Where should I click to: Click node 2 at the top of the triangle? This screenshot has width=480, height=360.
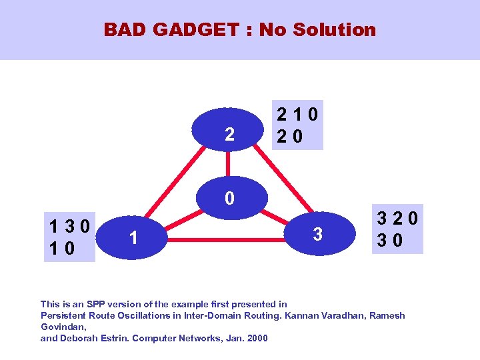coord(229,135)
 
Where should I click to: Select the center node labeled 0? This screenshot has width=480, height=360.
coord(229,199)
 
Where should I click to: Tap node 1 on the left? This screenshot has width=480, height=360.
coord(134,237)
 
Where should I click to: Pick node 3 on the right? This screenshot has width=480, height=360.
coord(318,235)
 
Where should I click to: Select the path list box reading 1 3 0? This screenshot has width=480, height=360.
coord(70,236)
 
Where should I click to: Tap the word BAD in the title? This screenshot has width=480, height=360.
coord(125,30)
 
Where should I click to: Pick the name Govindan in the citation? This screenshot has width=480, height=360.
coord(62,327)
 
